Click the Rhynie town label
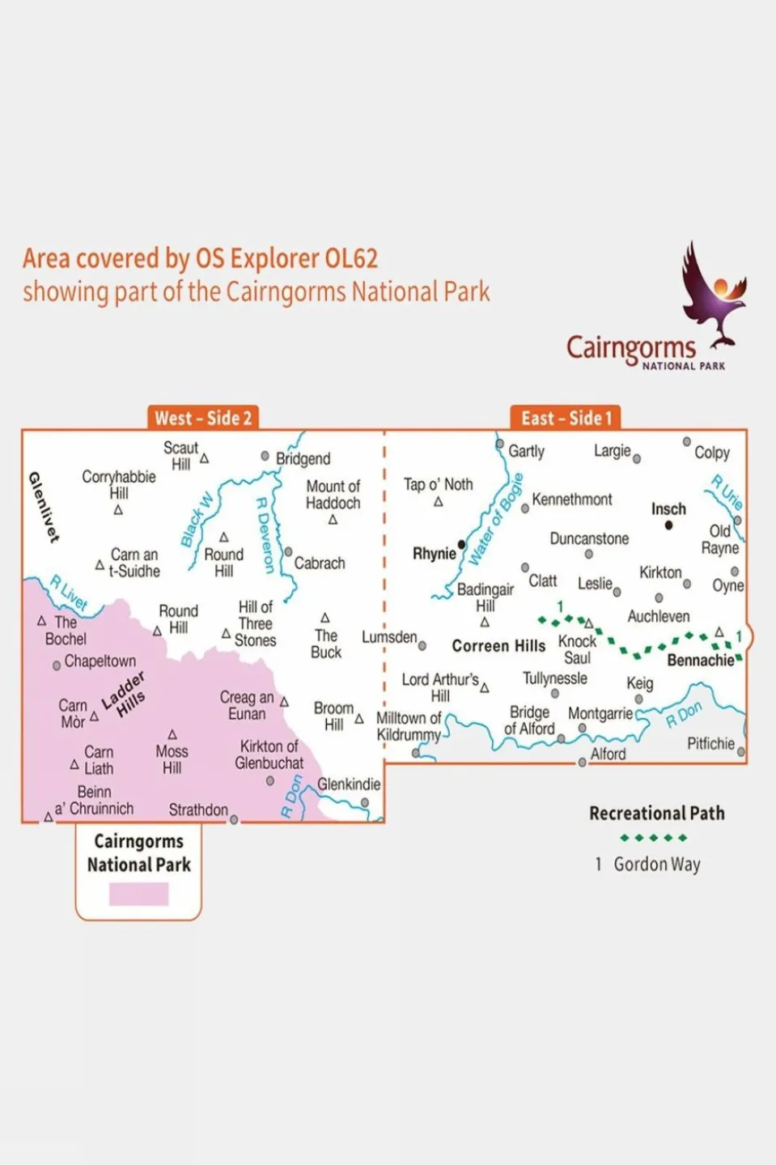435,554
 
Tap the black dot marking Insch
668,525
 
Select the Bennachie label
700,661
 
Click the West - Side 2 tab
203,418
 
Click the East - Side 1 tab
566,418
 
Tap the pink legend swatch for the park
138,894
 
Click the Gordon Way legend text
656,865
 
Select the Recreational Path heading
656,813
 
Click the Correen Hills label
498,646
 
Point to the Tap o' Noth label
438,484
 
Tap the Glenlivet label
44,507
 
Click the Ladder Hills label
124,695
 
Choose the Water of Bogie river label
495,519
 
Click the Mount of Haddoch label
333,495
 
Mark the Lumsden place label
389,638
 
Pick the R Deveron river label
265,534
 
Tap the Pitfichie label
710,743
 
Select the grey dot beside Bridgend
265,457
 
